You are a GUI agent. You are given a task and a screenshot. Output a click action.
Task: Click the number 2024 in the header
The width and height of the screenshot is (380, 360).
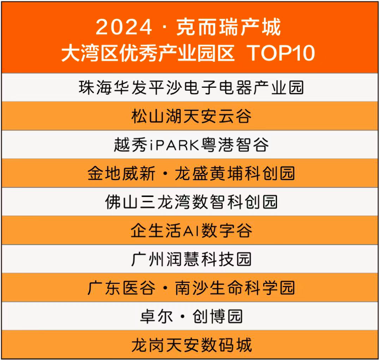124,27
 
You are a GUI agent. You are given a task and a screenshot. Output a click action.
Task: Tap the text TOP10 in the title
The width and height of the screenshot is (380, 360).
281,53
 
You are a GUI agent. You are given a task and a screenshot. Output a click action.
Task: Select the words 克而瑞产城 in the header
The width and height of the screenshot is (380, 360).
229,27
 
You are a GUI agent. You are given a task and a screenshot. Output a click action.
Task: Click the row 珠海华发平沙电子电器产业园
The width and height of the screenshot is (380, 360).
191,87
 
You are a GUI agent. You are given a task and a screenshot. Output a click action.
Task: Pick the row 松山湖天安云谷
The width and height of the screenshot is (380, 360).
191,116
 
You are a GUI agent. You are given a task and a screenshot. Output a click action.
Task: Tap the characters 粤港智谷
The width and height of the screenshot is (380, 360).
235,144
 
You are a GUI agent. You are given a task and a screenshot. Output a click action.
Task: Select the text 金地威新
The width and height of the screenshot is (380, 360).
121,174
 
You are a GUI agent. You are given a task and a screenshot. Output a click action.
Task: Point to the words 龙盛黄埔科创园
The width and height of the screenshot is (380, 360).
235,174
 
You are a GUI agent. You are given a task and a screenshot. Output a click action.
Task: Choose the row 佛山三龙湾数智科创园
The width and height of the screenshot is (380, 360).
191,202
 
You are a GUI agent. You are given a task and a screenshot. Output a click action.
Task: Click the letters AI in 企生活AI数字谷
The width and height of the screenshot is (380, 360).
191,231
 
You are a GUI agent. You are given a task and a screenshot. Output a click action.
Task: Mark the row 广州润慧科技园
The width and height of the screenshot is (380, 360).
191,259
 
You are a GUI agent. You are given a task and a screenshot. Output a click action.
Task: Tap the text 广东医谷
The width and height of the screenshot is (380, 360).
121,288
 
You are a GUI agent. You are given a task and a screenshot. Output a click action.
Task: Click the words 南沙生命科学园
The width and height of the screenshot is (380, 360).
235,288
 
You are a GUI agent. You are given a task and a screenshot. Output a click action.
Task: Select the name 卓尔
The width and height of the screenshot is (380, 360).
157,316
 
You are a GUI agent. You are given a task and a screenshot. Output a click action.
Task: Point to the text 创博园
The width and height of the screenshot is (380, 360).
218,316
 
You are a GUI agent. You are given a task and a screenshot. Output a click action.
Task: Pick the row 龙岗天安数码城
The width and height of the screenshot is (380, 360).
192,345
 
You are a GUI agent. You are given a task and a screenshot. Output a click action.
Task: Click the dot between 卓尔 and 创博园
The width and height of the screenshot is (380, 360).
183,316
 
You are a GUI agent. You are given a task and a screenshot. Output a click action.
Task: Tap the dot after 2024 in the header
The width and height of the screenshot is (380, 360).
164,27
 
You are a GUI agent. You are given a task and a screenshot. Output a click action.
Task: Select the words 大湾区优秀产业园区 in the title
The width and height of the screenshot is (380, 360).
148,53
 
